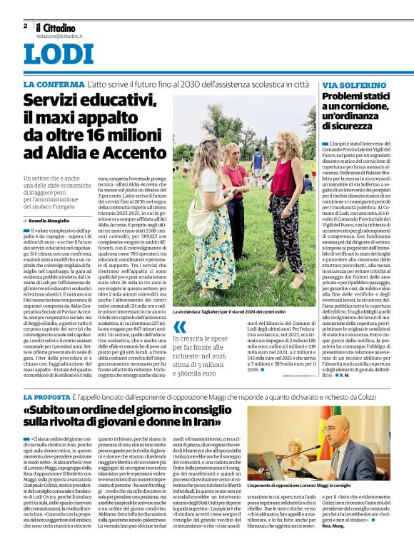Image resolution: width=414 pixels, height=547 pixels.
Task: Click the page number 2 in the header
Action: click(25, 26)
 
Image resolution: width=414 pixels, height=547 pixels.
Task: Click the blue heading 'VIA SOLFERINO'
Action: click(348, 85)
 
